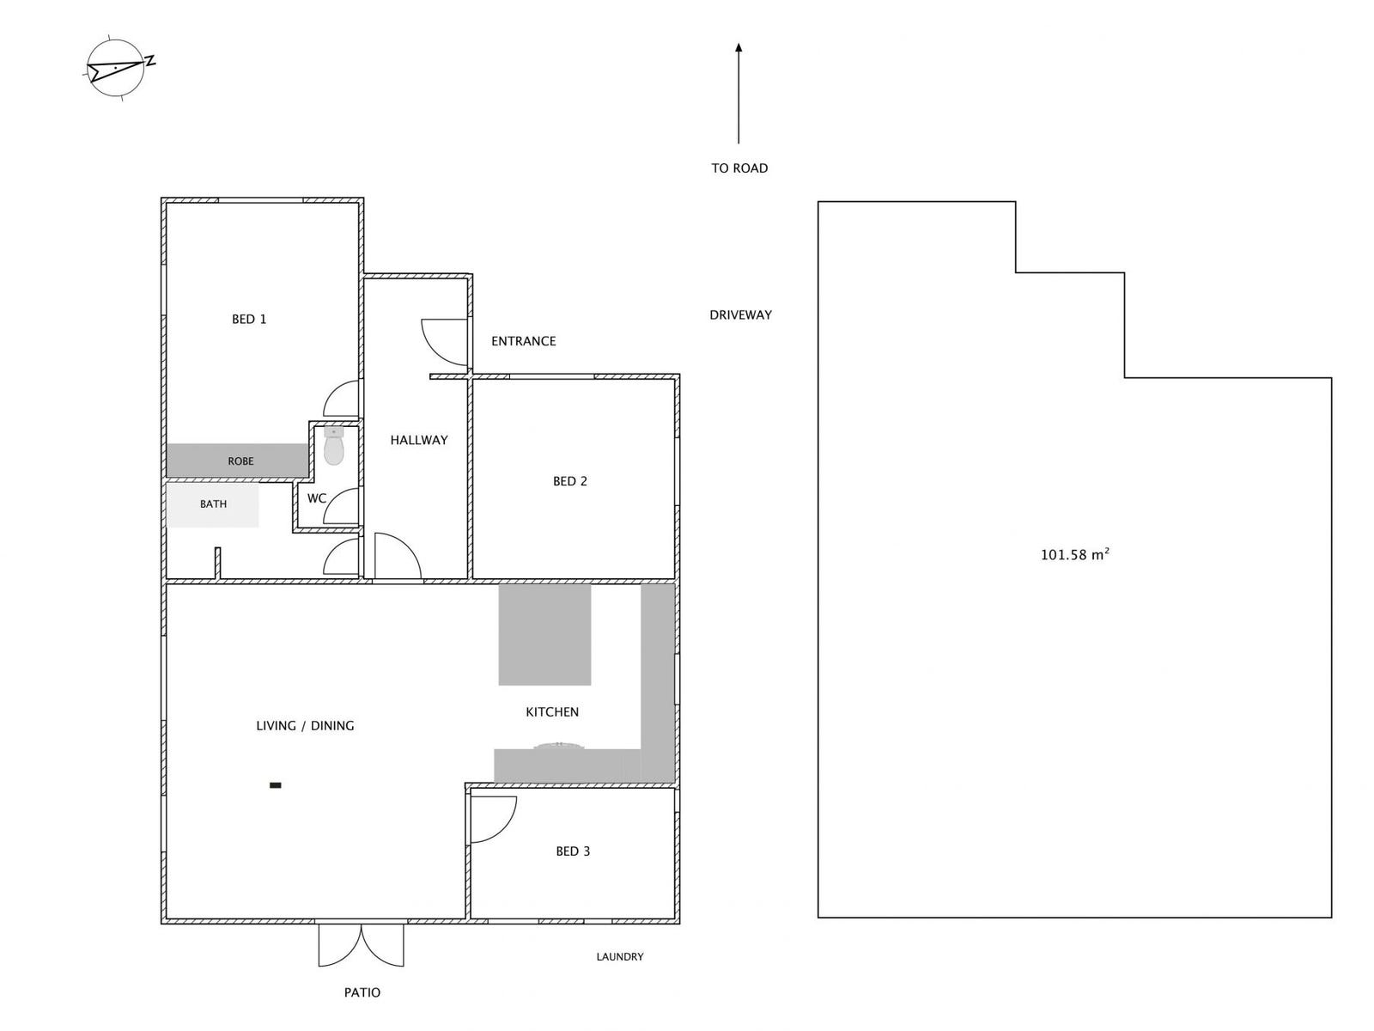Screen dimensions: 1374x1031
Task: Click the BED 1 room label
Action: click(249, 320)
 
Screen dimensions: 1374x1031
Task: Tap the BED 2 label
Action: click(570, 481)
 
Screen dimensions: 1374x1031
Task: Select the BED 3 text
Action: click(573, 851)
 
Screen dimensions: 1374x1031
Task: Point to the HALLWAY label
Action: click(419, 440)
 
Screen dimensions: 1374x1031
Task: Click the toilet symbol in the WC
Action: click(334, 446)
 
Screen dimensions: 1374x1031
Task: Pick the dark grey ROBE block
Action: click(238, 461)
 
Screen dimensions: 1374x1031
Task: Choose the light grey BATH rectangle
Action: click(212, 504)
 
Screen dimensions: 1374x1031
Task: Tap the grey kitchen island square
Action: click(544, 634)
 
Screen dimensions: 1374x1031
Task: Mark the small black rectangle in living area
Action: click(276, 784)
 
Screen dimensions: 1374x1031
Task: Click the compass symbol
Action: click(117, 67)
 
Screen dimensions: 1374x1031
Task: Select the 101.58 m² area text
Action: click(1074, 555)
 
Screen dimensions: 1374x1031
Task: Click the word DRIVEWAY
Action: click(740, 315)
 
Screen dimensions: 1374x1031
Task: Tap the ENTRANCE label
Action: click(524, 341)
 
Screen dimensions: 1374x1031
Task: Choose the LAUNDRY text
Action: click(620, 956)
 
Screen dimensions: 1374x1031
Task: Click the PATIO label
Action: click(362, 992)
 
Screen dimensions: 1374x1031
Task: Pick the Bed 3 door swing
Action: click(493, 818)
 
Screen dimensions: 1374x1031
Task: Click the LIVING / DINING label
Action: click(305, 726)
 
